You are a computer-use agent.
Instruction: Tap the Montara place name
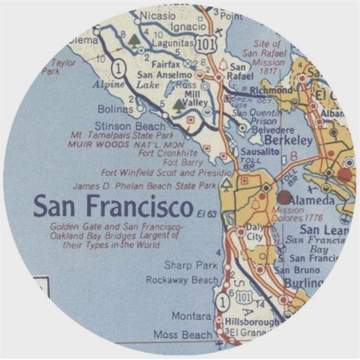(x=192, y=317)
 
